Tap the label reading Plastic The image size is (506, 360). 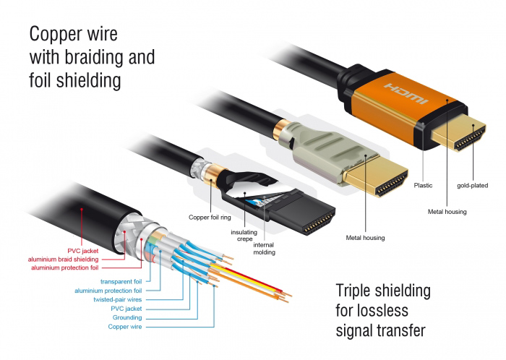(423, 186)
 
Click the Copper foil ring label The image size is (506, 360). (209, 216)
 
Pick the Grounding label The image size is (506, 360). (127, 317)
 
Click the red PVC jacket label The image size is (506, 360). (101, 250)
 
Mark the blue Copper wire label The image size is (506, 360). (124, 327)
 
